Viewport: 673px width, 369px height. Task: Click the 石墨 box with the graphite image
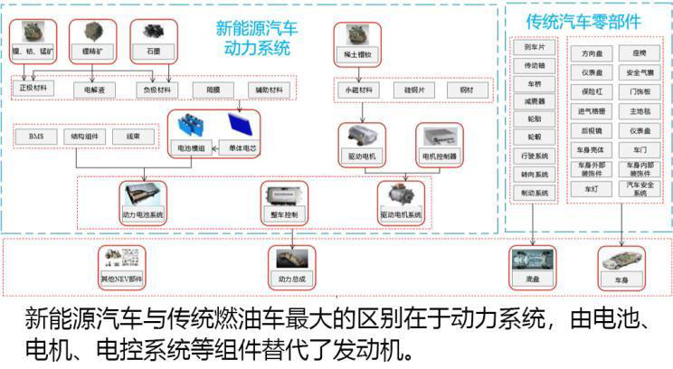pos(148,39)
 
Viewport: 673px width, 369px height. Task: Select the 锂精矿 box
pos(92,39)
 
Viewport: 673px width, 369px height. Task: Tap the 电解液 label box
pos(95,90)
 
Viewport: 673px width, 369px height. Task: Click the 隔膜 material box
pos(213,90)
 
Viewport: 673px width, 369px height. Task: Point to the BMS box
pos(36,137)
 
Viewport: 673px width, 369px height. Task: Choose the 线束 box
pos(134,137)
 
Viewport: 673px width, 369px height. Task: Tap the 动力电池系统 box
pos(143,203)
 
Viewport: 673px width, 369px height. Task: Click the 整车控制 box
pos(284,203)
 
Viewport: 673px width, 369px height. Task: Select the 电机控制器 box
pos(439,145)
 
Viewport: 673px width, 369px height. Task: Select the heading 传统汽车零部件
pos(584,20)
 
